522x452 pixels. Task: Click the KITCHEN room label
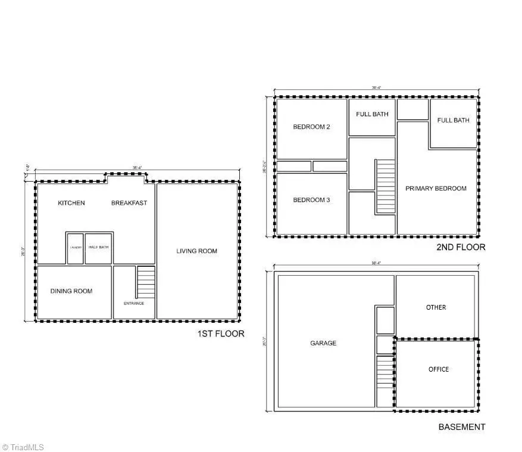(x=71, y=203)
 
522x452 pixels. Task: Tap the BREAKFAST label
(x=129, y=203)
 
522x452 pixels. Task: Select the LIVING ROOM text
(x=196, y=251)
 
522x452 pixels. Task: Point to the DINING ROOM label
(x=71, y=291)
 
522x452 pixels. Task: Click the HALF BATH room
(x=98, y=248)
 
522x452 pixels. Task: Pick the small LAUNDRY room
(x=75, y=248)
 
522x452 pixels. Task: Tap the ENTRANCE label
(x=134, y=303)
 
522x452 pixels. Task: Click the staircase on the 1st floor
(x=146, y=282)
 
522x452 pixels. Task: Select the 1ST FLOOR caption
(x=220, y=333)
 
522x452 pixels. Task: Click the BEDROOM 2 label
(x=311, y=127)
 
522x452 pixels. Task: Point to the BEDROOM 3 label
(x=311, y=200)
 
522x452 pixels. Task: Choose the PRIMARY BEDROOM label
(x=436, y=188)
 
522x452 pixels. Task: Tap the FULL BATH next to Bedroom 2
(x=372, y=114)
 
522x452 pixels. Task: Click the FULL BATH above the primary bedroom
(x=453, y=120)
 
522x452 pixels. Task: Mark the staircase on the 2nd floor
(x=385, y=186)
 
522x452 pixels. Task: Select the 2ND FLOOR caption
(x=461, y=247)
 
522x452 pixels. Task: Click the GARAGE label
(x=323, y=343)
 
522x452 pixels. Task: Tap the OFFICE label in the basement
(x=439, y=369)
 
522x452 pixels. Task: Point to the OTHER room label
(x=436, y=307)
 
